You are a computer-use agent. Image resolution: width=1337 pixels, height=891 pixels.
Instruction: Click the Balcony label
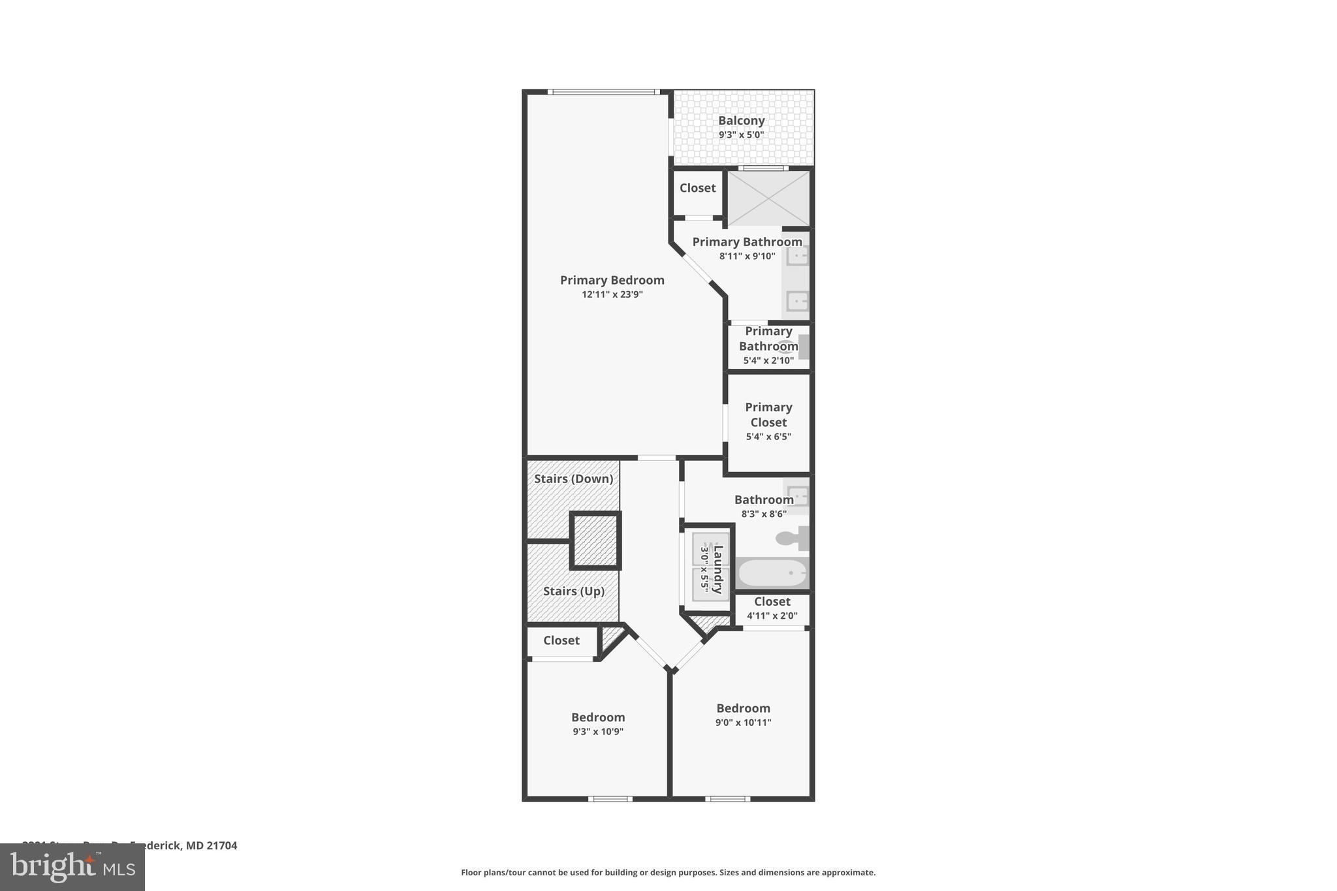[741, 121]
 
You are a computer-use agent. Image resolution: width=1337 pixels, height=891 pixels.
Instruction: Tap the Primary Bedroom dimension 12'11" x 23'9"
[612, 294]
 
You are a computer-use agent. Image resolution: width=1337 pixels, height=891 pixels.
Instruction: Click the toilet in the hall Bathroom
[792, 539]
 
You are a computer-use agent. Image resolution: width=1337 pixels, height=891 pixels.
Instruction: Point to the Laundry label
[717, 570]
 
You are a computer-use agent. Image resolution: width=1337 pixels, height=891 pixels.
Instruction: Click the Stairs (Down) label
[573, 478]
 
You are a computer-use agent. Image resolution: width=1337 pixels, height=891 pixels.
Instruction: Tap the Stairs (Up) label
[574, 591]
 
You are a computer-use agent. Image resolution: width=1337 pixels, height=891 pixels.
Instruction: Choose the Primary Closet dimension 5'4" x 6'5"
[768, 437]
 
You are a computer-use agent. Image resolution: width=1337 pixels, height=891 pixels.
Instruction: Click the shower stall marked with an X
[768, 198]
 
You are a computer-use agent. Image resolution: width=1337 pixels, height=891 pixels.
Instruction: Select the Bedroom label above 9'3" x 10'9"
[598, 717]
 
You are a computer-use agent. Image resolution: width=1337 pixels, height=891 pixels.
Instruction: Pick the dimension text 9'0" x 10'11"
[743, 723]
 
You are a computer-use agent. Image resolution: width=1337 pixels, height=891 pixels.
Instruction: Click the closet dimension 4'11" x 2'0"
[772, 616]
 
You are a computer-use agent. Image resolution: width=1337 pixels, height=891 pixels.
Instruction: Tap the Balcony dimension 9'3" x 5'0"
[741, 135]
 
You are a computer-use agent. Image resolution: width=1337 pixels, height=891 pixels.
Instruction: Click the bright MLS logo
[72, 867]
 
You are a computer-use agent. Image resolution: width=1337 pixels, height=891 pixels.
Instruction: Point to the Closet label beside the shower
[697, 188]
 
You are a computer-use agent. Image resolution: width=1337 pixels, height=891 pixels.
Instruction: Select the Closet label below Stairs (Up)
[561, 640]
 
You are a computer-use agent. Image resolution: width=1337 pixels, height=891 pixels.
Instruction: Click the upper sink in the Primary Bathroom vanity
[797, 255]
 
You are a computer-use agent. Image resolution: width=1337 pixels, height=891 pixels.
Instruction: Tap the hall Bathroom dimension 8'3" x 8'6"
[764, 514]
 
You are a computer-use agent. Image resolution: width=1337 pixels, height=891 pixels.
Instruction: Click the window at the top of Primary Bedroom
[604, 92]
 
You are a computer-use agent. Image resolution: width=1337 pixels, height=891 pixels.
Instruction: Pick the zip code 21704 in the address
[222, 845]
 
